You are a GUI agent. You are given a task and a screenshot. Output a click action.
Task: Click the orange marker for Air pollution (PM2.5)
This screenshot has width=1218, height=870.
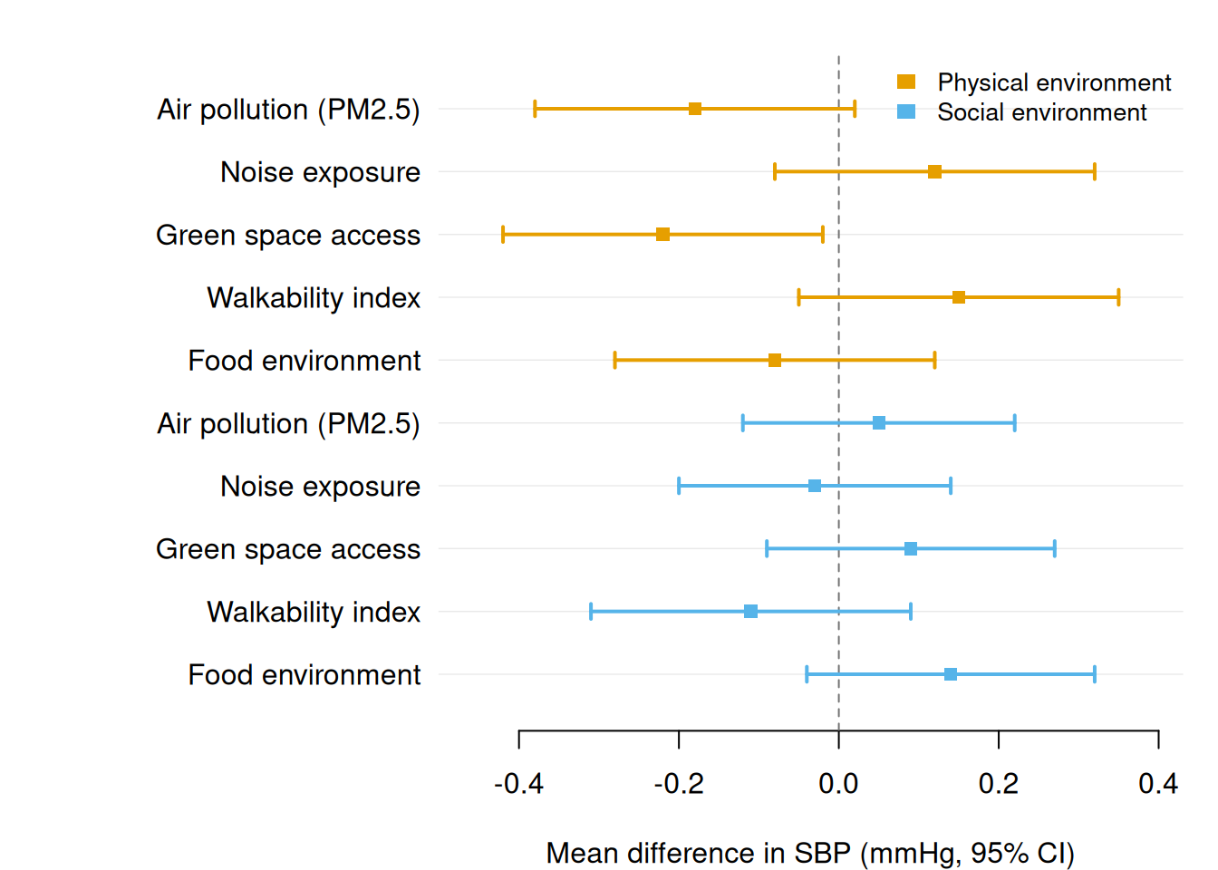pyautogui.click(x=695, y=109)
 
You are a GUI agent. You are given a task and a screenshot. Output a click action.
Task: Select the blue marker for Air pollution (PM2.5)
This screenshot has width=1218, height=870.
pyautogui.click(x=879, y=423)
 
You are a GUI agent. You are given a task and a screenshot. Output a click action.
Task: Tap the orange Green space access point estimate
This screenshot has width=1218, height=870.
pyautogui.click(x=662, y=235)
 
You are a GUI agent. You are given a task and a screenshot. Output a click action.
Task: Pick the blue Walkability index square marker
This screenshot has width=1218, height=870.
pyautogui.click(x=750, y=612)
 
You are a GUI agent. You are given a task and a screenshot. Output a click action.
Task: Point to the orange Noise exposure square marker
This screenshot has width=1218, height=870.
pyautogui.click(x=934, y=172)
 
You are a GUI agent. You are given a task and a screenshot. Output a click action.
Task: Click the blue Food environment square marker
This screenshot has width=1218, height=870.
pyautogui.click(x=951, y=674)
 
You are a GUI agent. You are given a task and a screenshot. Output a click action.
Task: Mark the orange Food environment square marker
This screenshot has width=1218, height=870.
pyautogui.click(x=775, y=361)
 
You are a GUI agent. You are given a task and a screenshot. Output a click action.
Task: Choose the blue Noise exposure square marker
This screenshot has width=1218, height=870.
pyautogui.click(x=815, y=486)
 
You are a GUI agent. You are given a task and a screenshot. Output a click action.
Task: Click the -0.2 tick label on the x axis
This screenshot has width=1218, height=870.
pyautogui.click(x=679, y=784)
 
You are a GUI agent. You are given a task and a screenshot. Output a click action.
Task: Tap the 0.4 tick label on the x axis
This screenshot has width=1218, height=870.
pyautogui.click(x=1158, y=784)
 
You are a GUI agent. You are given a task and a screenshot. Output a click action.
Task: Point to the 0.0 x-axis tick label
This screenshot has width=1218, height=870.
pyautogui.click(x=838, y=784)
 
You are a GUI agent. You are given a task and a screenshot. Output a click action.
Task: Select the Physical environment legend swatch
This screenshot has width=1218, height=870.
pyautogui.click(x=906, y=82)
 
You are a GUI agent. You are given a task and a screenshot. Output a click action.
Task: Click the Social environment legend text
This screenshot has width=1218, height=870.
pyautogui.click(x=1041, y=112)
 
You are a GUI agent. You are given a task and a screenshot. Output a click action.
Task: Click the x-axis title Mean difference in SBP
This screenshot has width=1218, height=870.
pyautogui.click(x=810, y=854)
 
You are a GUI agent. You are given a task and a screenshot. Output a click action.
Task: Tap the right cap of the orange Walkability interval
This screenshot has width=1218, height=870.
pyautogui.click(x=1118, y=297)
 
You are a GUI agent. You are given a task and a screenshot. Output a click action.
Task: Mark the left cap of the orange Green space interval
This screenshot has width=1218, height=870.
pyautogui.click(x=503, y=235)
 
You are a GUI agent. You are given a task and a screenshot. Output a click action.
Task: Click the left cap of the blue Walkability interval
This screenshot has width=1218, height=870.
pyautogui.click(x=591, y=612)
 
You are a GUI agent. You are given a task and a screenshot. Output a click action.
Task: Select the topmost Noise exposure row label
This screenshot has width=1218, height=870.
pyautogui.click(x=320, y=172)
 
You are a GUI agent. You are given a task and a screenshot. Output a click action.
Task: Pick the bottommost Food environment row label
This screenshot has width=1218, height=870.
pyautogui.click(x=304, y=675)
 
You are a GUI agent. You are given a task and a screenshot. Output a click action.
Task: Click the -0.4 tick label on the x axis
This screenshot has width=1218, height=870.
pyautogui.click(x=518, y=784)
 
